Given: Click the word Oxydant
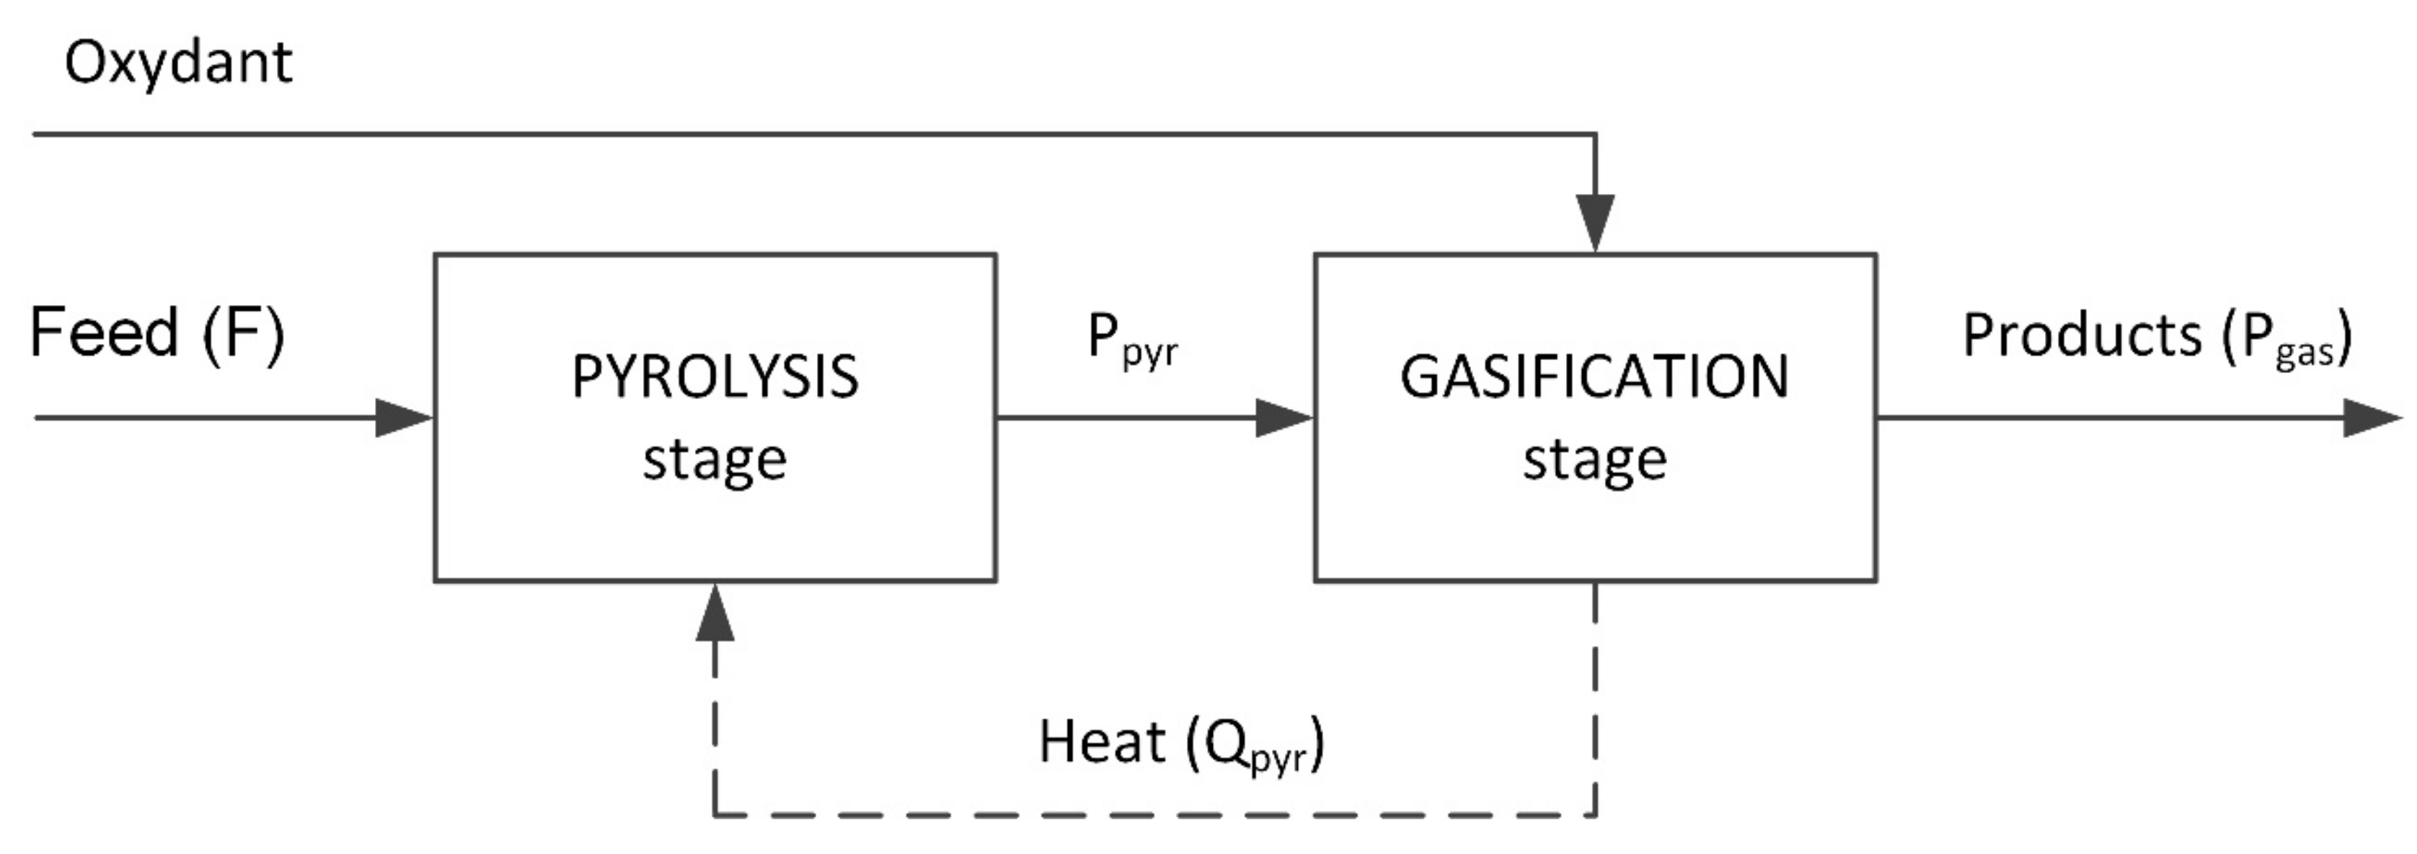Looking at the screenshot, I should pos(178,63).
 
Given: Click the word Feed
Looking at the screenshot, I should pos(103,333).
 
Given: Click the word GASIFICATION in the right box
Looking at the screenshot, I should pos(1594,377).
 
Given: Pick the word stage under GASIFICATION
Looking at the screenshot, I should pos(1594,460).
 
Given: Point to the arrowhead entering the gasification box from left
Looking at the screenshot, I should pos(1283,418).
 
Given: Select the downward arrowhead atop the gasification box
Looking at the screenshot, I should pos(1595,224).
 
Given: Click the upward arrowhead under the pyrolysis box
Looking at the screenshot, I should pos(715,612).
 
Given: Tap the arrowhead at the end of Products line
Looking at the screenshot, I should pos(2372,418).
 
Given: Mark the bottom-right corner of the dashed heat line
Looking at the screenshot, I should pos(1595,814).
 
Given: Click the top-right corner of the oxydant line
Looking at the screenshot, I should pos(1595,134).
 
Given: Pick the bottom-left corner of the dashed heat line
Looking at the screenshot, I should pos(715,814).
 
